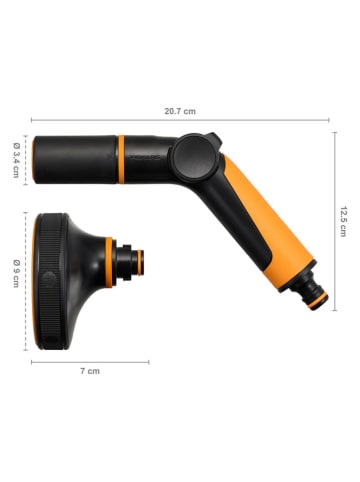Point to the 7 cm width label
[90, 371]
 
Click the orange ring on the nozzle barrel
[121, 157]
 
